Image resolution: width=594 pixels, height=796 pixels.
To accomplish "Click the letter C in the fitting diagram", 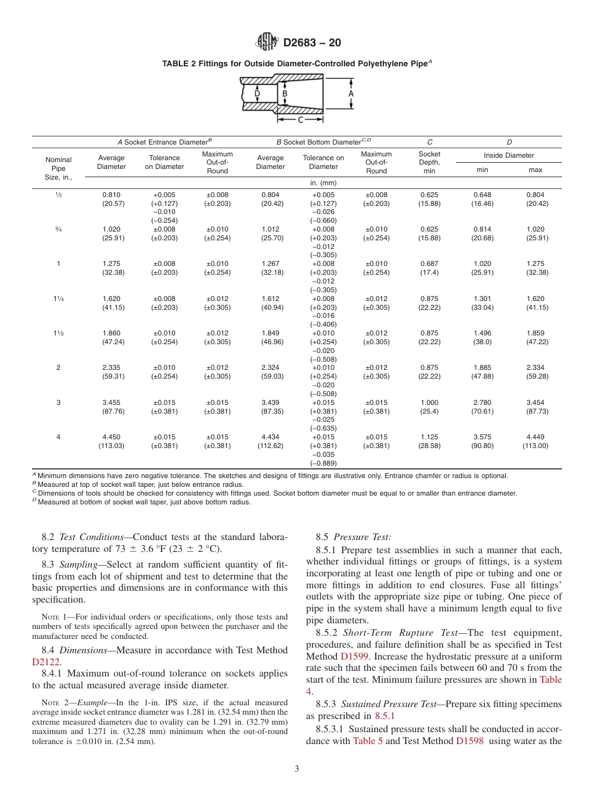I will pos(300,120).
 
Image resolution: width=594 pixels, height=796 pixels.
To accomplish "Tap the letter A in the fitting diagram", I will pos(351,93).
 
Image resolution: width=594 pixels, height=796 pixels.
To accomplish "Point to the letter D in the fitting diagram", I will pos(257,94).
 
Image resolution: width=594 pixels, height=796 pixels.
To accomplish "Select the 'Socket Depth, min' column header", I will pos(429,162).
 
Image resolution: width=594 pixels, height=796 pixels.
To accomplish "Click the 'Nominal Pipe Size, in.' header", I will pos(58,168).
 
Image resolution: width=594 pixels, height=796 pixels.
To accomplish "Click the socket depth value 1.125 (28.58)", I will pos(429,441).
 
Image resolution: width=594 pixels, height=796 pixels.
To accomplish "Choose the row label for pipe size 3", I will pos(58,402).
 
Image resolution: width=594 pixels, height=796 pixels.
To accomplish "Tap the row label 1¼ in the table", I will pos(58,299).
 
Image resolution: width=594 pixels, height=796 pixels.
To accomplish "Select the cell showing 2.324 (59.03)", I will pos(270,372).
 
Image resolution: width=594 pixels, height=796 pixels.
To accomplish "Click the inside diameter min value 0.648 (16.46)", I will pos(483,199).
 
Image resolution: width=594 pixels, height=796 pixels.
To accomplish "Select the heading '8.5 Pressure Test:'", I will pos(353,537).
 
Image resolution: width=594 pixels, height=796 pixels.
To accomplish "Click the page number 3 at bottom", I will pos(296,769).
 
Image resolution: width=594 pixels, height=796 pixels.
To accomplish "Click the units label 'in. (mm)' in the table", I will pos(323,183).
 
